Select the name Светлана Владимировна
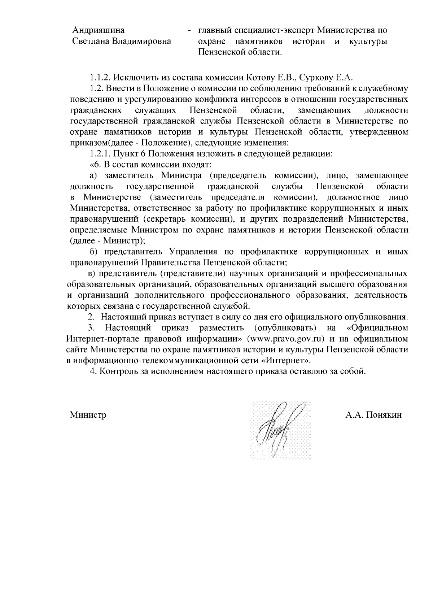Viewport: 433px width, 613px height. click(122, 41)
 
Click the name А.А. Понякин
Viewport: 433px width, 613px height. click(373, 415)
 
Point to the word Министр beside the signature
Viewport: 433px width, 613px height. click(88, 415)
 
